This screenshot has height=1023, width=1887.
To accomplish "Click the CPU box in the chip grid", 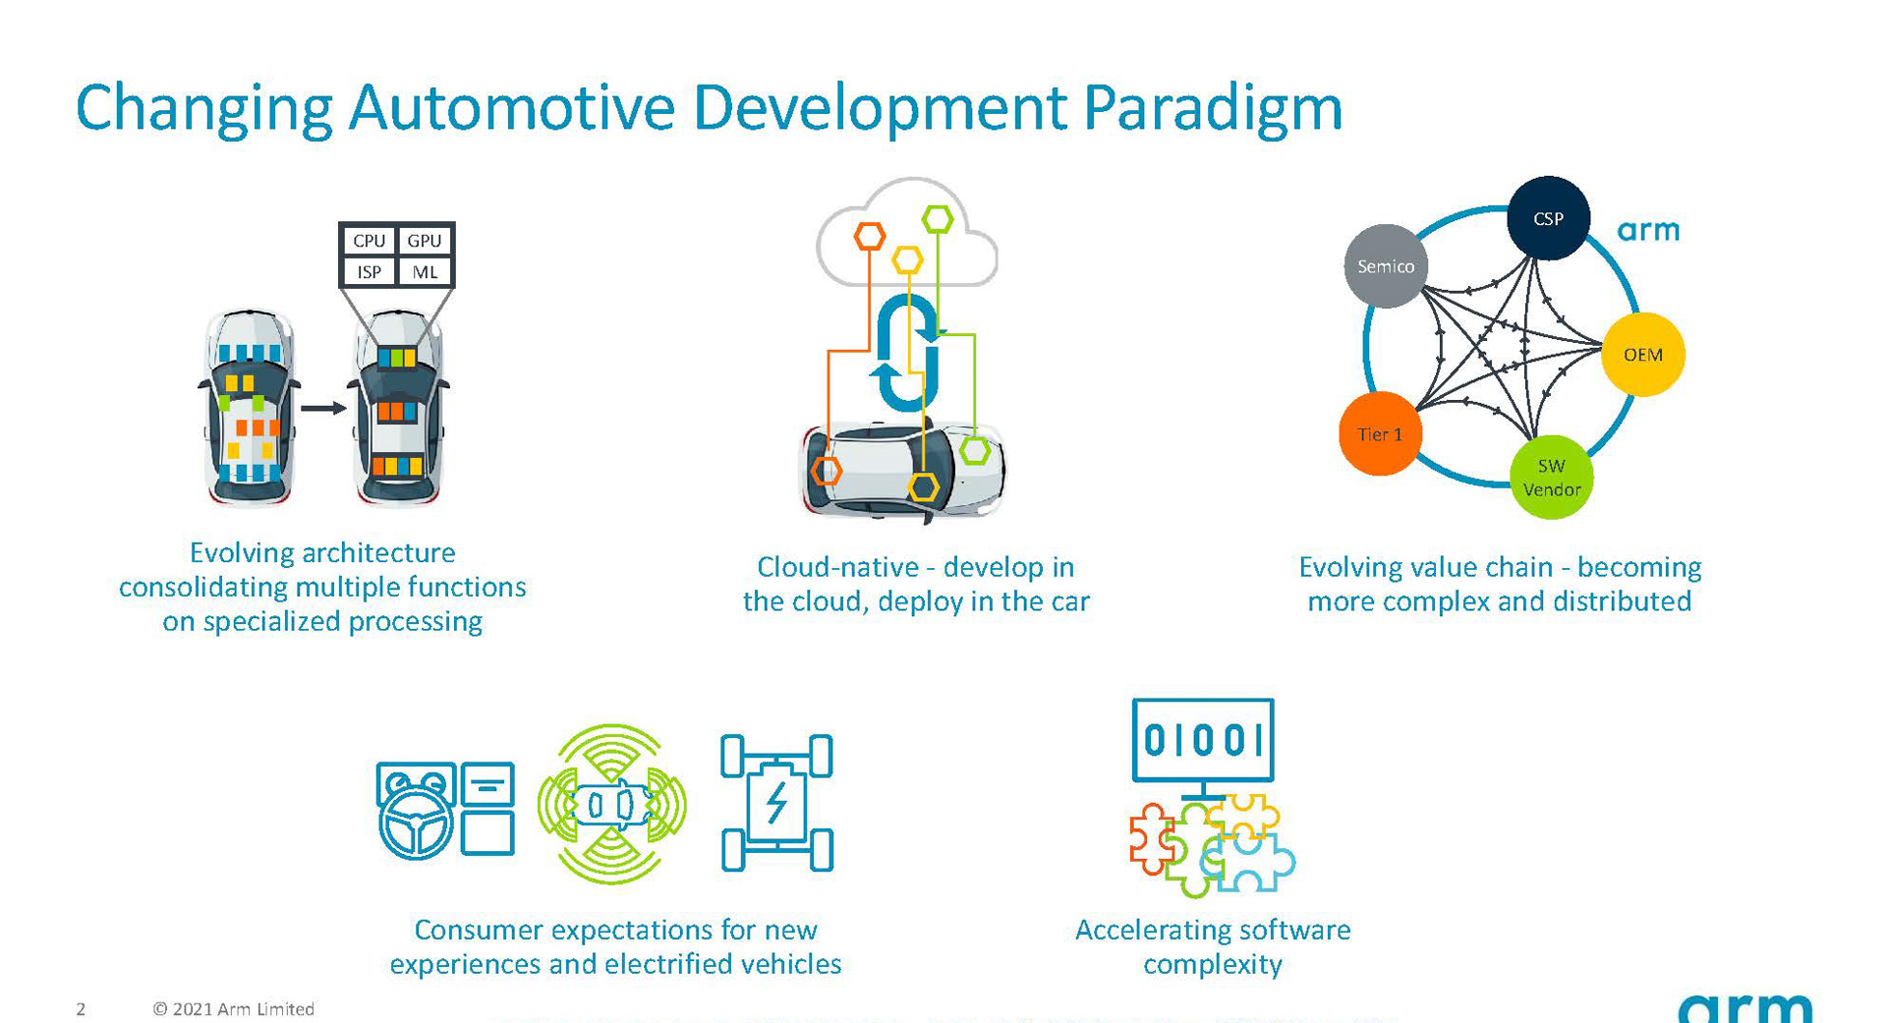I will pos(369,241).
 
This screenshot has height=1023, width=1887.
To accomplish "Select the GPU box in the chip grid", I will pos(425,241).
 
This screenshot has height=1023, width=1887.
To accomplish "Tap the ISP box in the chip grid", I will pos(369,272).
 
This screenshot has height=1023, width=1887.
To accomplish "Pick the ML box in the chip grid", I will pos(425,272).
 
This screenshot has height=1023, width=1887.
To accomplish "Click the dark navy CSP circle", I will pos(1548,218).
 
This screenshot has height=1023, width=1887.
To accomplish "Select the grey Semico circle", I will pos(1386,266).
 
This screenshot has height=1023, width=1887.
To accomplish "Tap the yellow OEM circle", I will pos(1642,355).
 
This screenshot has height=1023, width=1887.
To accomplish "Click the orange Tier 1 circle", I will pos(1380,434).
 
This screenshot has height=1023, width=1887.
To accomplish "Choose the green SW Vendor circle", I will pos(1551,478).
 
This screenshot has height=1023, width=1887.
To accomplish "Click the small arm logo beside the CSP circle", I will pos(1648,231).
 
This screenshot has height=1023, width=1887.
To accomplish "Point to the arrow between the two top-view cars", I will pos(323,407).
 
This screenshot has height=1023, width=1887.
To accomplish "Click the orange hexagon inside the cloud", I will pos(869,236).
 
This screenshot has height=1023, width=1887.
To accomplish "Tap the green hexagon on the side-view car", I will pos(975,451).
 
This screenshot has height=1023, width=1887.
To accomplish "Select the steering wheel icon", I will pos(416,825).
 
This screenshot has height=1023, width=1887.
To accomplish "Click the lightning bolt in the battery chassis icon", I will pos(776,803).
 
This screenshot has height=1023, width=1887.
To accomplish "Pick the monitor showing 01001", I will pos(1202,741).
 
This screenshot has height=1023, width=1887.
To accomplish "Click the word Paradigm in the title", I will pos(1212,107).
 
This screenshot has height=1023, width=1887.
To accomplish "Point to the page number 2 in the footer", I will pos(81,1009).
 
